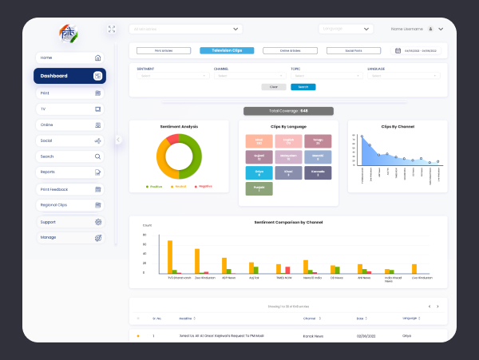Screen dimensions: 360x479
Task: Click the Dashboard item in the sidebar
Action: pos(69,76)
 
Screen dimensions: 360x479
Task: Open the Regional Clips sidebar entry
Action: pos(69,205)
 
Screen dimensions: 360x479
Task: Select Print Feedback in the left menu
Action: pos(69,189)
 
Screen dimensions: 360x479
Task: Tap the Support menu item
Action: pos(69,222)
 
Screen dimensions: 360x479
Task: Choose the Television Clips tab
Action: pos(227,50)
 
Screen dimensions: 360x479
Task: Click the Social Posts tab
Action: pos(353,50)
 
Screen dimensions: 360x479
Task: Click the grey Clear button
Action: pos(274,86)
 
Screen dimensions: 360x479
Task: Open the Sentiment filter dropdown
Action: pos(172,76)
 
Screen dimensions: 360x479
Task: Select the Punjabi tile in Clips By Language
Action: pos(259,188)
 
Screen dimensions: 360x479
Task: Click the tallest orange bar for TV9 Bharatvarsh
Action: pos(169,256)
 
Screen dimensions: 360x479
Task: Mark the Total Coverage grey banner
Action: pos(288,110)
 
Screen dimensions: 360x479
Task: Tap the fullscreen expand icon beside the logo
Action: pos(111,29)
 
